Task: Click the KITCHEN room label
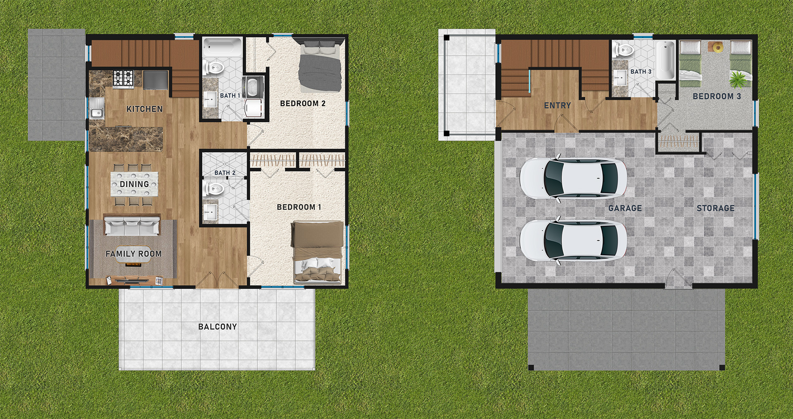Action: (x=145, y=109)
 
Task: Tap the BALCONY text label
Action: (x=218, y=327)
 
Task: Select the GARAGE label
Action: (x=625, y=208)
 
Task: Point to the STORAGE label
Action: (x=716, y=208)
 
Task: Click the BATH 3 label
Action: (x=641, y=72)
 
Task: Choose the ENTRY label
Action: (x=558, y=106)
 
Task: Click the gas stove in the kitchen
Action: (x=123, y=79)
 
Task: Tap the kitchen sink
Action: (x=97, y=112)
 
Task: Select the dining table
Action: (x=135, y=184)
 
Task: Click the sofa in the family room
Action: (x=132, y=226)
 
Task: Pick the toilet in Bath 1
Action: (x=213, y=68)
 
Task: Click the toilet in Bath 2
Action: (x=214, y=189)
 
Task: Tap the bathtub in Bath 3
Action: (x=665, y=60)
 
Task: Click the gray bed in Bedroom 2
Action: (x=320, y=67)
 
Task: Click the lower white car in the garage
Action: (x=573, y=240)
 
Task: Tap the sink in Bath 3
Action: (x=619, y=77)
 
